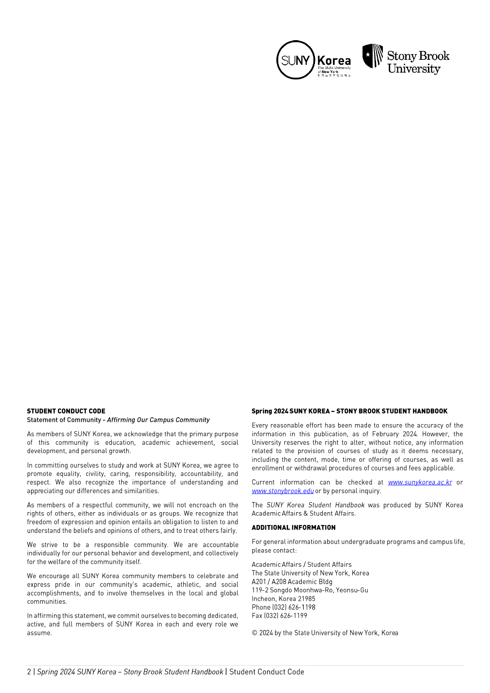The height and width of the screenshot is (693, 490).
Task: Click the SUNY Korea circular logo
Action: coord(295,60)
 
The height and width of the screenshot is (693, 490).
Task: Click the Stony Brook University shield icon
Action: coord(372,56)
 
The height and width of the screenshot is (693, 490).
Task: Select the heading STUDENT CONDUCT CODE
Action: coord(66,411)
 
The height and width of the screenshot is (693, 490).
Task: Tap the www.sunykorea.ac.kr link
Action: coord(420,482)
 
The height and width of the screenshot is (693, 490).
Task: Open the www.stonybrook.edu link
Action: coord(283,491)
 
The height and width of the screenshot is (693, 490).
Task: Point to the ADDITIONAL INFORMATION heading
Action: coord(294,527)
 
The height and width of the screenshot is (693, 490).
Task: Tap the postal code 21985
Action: coord(307,598)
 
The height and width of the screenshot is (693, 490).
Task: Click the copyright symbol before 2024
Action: coord(254,633)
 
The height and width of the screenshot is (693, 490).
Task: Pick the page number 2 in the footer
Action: coord(29,672)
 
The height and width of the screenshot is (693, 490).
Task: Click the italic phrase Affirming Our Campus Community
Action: coord(158,420)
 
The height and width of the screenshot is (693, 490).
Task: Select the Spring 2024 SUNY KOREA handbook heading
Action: coord(349,411)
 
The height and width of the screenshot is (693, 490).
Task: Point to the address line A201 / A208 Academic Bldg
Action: coord(292,582)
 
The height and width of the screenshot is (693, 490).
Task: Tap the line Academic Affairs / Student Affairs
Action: coord(301,564)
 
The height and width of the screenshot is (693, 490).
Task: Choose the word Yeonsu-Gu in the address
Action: coord(352,590)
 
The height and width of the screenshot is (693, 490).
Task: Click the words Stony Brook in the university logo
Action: coord(418,56)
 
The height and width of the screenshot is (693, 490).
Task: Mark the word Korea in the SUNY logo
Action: coord(334,60)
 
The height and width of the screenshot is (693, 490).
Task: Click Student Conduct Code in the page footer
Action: coord(267,672)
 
